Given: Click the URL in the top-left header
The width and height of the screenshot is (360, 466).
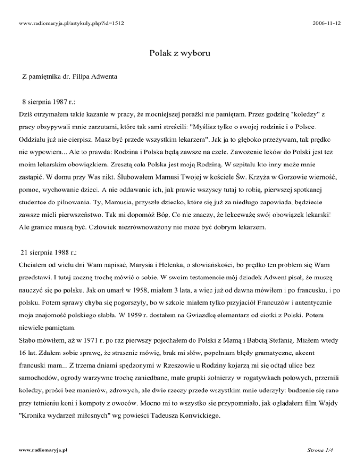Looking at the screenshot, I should point(66,23).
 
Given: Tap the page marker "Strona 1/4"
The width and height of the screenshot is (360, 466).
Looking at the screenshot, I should point(336,449).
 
